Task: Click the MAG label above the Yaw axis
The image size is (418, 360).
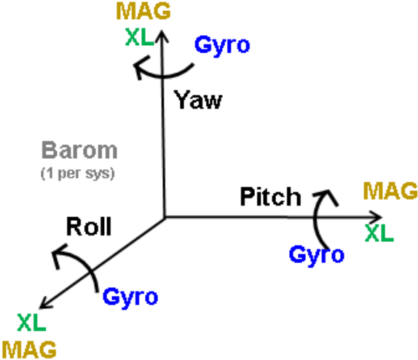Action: (143, 11)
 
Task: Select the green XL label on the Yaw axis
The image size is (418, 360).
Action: (140, 37)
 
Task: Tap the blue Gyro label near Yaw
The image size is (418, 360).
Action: (222, 46)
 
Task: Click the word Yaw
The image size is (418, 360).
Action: (198, 100)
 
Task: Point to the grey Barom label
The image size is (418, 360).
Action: (79, 150)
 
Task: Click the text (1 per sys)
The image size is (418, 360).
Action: (78, 173)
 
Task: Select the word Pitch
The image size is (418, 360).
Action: (271, 197)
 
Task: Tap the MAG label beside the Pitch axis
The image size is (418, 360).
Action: (390, 191)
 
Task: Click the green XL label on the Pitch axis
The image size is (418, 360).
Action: (379, 233)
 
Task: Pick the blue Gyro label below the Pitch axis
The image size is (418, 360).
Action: (317, 256)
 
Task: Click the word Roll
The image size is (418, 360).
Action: (89, 227)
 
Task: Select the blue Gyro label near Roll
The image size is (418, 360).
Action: (130, 298)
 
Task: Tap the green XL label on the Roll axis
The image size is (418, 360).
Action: (32, 322)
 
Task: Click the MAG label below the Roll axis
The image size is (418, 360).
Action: (29, 349)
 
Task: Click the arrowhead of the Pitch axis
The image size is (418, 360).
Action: (382, 218)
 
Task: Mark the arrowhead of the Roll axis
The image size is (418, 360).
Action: (40, 308)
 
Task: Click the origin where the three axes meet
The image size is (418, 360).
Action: (165, 218)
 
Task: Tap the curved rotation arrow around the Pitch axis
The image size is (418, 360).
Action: (315, 219)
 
